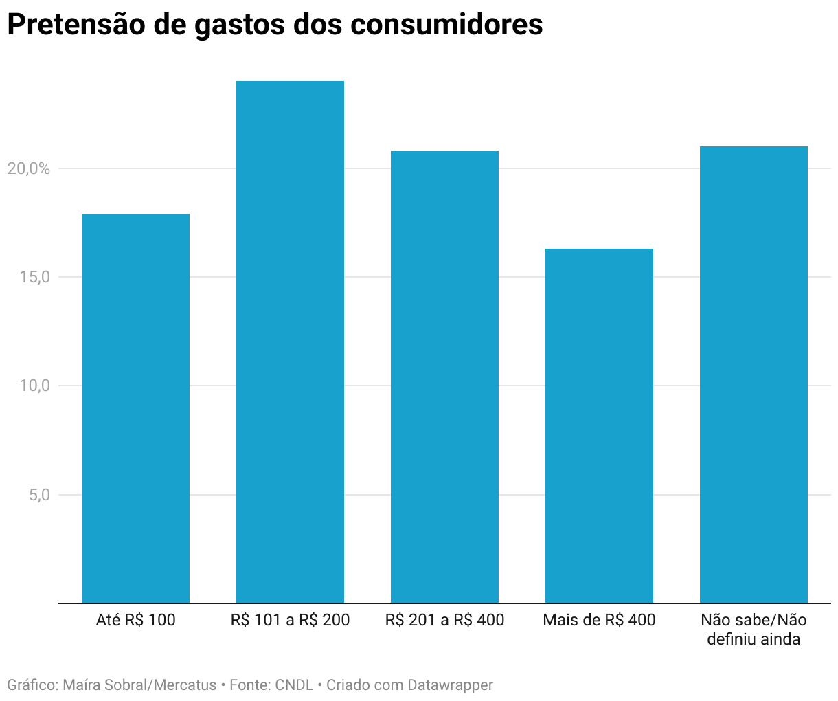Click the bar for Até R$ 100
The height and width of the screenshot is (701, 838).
point(135,408)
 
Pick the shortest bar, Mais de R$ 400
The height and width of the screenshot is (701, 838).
point(599,426)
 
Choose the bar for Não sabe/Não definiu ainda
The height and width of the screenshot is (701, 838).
point(754,375)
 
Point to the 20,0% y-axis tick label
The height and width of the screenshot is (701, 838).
point(29,168)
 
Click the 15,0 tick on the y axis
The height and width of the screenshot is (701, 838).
point(34,277)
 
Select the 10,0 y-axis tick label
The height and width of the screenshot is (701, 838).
point(34,386)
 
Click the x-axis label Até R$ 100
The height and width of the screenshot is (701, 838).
point(135,620)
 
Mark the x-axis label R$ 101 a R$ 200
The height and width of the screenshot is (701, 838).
point(290,620)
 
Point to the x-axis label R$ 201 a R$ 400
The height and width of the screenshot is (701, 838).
point(444,620)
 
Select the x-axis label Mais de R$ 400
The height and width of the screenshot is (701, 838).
point(599,620)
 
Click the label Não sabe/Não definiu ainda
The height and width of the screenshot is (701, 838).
point(754,630)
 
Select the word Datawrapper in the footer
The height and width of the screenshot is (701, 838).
point(450,685)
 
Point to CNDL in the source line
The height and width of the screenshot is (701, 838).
point(294,685)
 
